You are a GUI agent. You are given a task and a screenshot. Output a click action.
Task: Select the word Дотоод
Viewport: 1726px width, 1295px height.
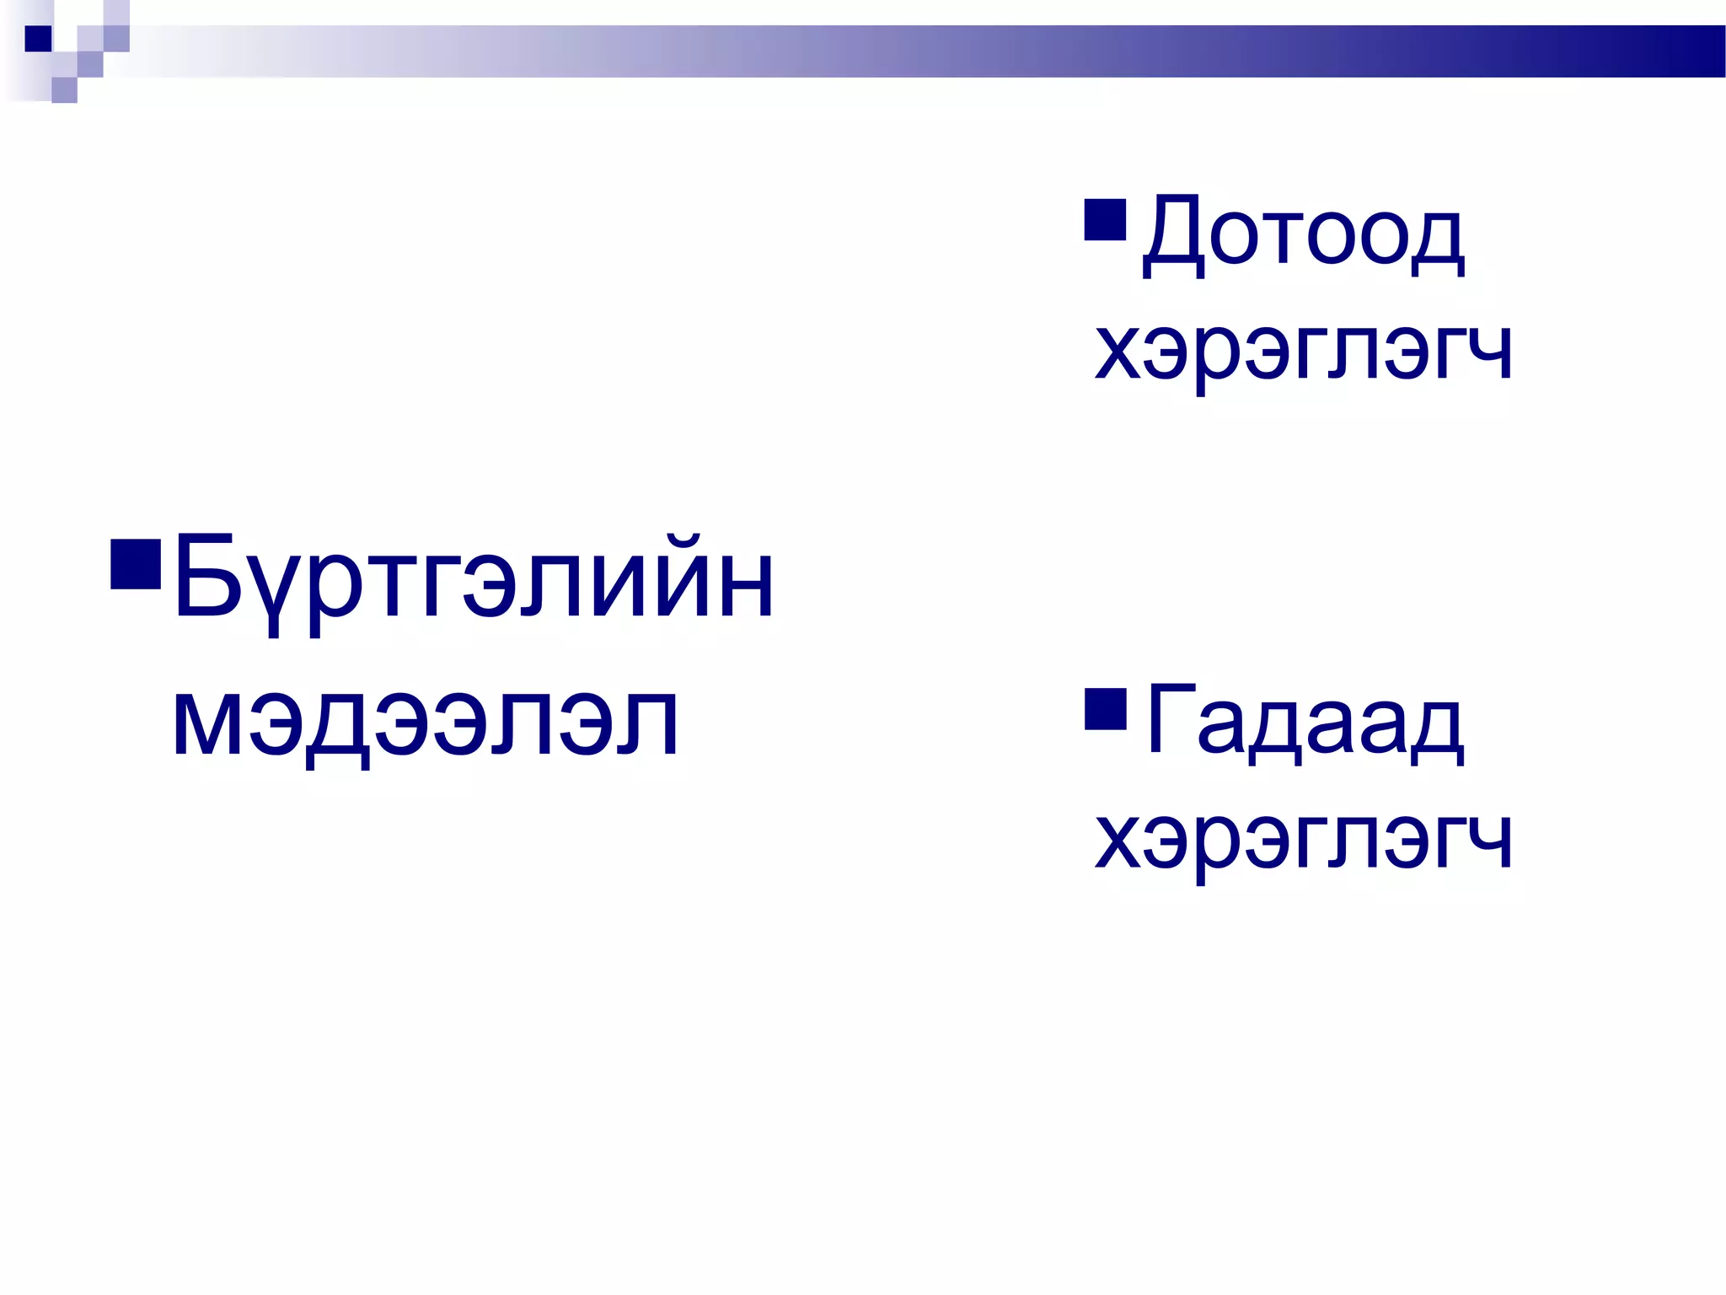click(1303, 234)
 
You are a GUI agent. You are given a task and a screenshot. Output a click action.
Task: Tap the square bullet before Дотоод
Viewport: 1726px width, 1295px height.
click(1105, 219)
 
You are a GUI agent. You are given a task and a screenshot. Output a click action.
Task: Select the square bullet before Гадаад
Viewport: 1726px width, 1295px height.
click(1106, 708)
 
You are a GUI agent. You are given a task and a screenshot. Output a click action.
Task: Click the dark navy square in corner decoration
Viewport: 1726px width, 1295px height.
click(38, 39)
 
